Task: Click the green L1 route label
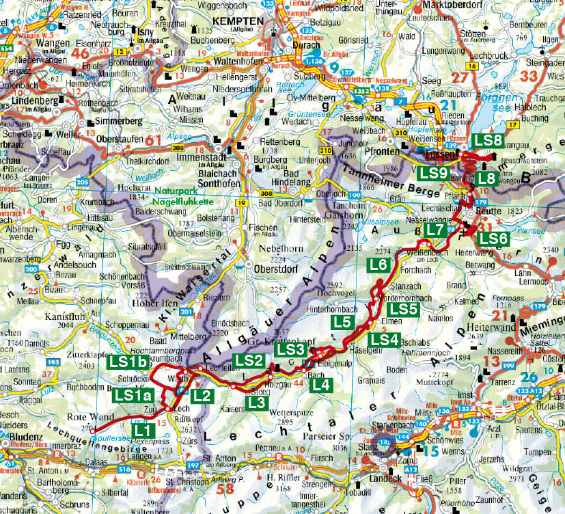143,431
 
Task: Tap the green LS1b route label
128,363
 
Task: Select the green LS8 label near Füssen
488,139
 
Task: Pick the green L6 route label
378,265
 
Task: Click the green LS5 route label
404,309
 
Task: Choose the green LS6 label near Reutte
493,239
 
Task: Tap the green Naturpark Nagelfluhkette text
182,198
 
